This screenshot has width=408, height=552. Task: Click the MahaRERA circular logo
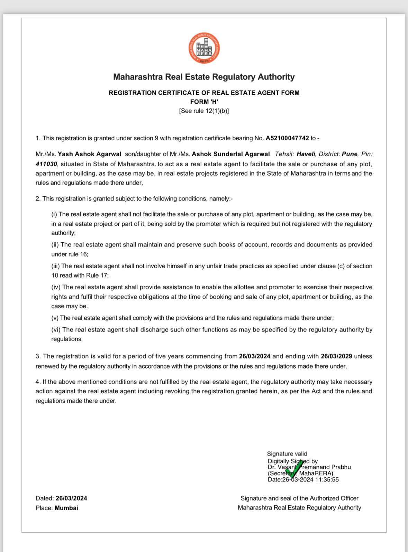click(204, 48)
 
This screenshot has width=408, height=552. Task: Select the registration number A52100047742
click(287, 138)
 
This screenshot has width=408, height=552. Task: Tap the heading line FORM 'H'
click(204, 102)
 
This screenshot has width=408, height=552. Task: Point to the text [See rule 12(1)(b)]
click(204, 111)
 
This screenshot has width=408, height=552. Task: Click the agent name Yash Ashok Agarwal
click(89, 154)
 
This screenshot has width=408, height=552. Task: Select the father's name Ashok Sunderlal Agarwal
click(230, 154)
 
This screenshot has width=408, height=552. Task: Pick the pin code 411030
click(46, 164)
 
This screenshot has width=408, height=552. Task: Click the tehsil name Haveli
click(306, 154)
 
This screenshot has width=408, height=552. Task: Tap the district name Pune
click(350, 154)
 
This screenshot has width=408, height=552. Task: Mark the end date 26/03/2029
click(336, 356)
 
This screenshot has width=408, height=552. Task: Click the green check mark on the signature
click(294, 469)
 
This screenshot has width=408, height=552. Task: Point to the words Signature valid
click(287, 454)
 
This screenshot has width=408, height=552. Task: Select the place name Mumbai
click(66, 508)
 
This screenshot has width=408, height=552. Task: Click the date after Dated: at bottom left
click(71, 498)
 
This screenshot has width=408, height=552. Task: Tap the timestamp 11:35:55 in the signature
click(327, 479)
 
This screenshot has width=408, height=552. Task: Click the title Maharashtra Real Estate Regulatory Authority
click(204, 77)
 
